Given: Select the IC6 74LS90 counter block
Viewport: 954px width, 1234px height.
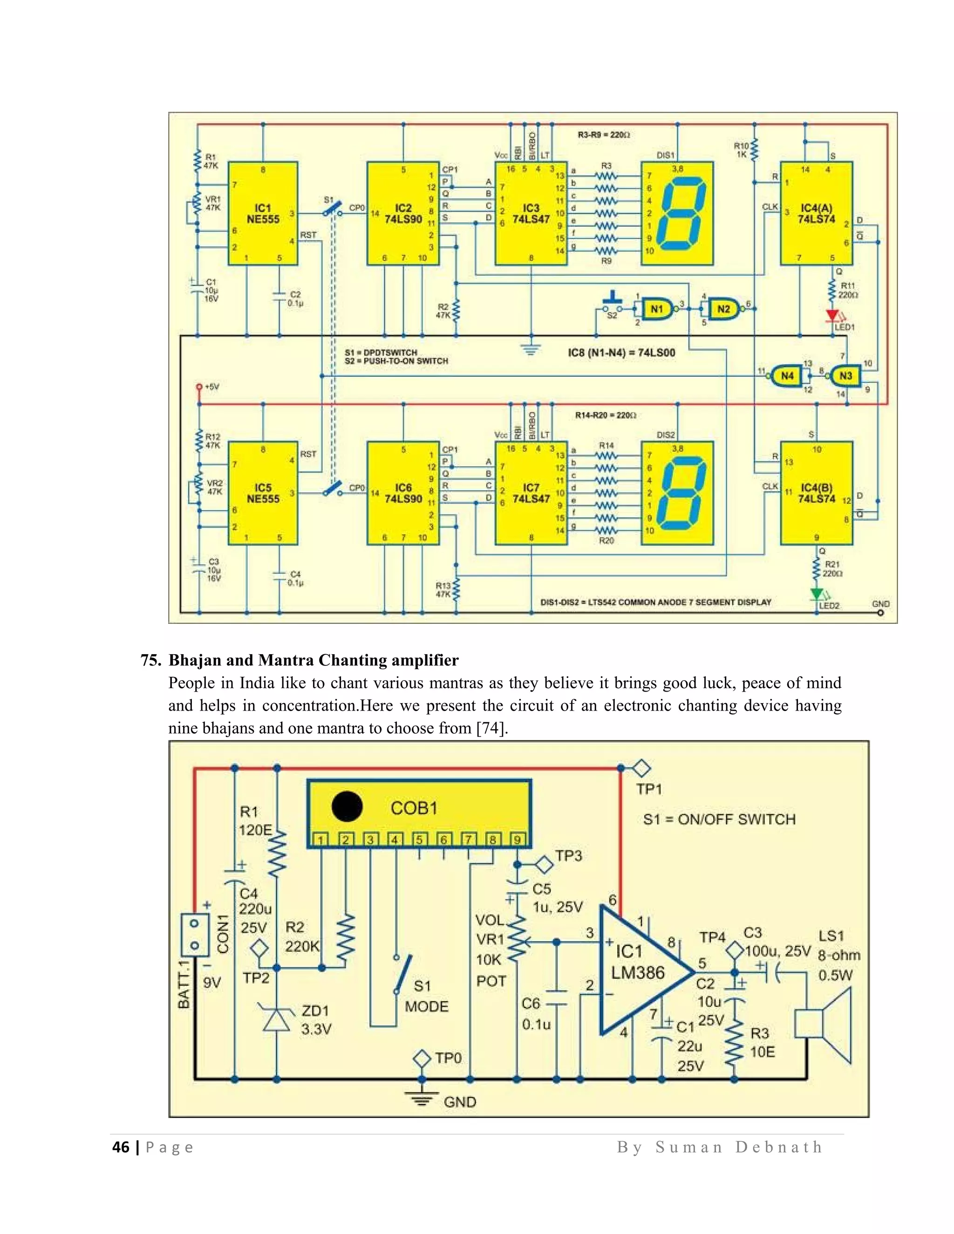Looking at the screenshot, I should pos(403,493).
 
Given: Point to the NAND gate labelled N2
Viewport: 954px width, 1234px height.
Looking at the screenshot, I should pos(723,309).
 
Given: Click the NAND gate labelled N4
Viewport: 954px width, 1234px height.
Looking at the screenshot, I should pos(786,376).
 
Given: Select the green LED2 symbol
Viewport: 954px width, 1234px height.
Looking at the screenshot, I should pos(816,594).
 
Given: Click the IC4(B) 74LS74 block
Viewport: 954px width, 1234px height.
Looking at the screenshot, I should pos(816,493).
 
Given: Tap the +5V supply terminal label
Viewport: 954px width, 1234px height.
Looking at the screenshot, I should pos(211,387).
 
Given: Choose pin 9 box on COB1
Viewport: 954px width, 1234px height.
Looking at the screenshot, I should pos(517,840).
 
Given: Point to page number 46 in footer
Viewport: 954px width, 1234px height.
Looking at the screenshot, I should pos(120,1147).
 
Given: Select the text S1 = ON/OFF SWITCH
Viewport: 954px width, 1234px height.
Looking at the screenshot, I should pos(719,819).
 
